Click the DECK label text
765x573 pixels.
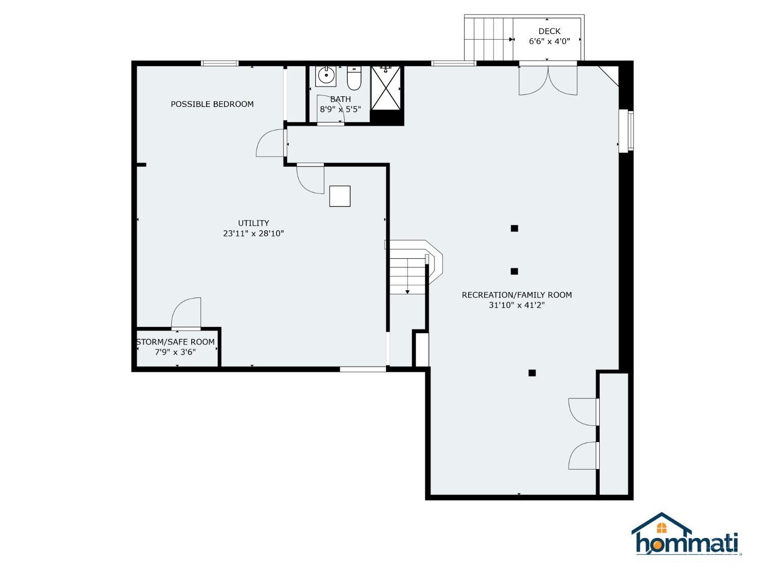(549, 32)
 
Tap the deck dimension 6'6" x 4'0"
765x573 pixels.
(549, 42)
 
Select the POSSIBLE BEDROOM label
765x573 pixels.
(212, 104)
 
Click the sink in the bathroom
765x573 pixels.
(326, 76)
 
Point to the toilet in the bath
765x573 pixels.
(354, 77)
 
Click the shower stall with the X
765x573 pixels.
(386, 88)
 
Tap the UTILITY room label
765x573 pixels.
(253, 223)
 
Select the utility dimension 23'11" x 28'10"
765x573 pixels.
(253, 234)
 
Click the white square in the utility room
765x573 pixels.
(340, 196)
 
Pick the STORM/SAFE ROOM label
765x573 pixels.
(175, 342)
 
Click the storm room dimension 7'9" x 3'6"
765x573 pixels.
(175, 352)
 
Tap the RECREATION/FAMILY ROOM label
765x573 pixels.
(517, 295)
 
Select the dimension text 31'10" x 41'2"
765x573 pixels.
(517, 306)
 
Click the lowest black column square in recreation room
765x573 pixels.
(532, 373)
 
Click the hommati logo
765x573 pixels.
(686, 535)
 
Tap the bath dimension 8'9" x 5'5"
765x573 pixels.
(340, 109)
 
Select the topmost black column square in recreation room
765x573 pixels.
(514, 228)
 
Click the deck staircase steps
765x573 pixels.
(488, 39)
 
